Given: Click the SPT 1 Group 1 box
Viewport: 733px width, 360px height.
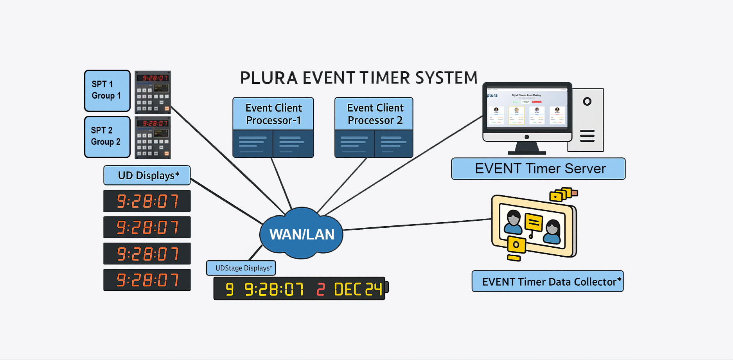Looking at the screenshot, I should (x=107, y=90).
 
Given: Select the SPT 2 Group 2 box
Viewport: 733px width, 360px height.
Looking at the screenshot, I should (x=107, y=137).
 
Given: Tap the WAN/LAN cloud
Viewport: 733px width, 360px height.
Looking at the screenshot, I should (x=302, y=234).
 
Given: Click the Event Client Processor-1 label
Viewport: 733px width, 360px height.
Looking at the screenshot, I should (x=273, y=114).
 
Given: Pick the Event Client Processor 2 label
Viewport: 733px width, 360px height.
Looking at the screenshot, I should (x=374, y=114).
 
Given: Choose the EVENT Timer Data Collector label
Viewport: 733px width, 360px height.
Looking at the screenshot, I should (x=548, y=281).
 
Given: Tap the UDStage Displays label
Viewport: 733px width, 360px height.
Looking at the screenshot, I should (x=241, y=268).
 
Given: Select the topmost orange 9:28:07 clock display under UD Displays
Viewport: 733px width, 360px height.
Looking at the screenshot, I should (x=147, y=201).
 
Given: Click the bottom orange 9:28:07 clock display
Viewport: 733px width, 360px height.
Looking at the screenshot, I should (x=147, y=280).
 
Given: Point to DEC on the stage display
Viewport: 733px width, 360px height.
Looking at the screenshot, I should (x=348, y=290).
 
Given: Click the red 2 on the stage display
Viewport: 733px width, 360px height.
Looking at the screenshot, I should (x=321, y=290).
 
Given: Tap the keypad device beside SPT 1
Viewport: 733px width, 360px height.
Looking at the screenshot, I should (x=153, y=92).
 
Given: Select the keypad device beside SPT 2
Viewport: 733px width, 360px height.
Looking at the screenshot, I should (x=153, y=138).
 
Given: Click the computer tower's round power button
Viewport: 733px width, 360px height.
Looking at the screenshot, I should (x=587, y=102).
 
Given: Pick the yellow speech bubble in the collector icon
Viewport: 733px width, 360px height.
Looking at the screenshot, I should (x=534, y=222).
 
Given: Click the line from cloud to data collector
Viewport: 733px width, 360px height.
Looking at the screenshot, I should (x=417, y=225).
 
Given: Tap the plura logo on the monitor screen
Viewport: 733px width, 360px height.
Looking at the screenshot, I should (x=492, y=95).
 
